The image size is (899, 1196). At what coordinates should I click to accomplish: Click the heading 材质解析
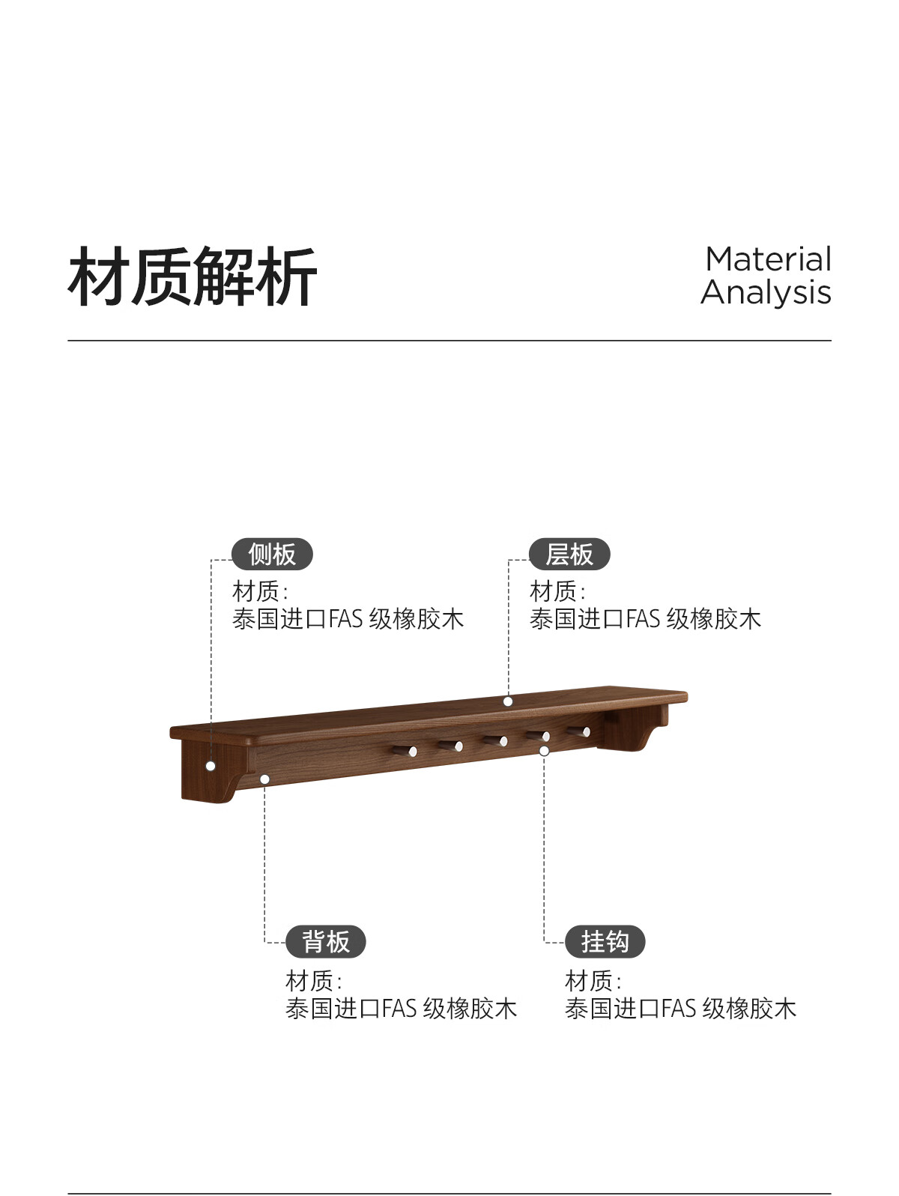click(x=193, y=277)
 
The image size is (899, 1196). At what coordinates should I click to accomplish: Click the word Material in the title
click(x=768, y=259)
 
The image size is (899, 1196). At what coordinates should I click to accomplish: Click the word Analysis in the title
click(x=766, y=293)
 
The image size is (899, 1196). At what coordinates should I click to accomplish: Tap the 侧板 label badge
click(x=272, y=555)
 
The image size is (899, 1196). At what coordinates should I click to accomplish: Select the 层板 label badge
click(x=569, y=555)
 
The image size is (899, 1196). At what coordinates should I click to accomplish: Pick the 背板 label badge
click(x=326, y=942)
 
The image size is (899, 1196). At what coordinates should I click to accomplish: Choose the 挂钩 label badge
click(x=605, y=942)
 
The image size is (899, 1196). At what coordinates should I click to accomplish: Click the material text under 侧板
click(x=348, y=619)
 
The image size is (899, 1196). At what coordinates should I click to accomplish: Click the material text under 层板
click(x=645, y=619)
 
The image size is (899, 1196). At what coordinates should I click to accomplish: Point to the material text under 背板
click(x=401, y=1009)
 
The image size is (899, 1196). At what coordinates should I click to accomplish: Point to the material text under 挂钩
click(x=680, y=1009)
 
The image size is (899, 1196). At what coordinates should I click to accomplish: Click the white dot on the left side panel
click(x=211, y=766)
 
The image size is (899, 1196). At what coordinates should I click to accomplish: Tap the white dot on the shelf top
click(x=508, y=701)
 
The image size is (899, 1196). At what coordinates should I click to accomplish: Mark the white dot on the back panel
click(x=264, y=779)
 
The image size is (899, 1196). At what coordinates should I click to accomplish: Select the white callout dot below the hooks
click(x=545, y=750)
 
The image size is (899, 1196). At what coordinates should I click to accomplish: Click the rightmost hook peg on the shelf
click(x=579, y=731)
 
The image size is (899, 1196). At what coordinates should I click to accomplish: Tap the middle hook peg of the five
click(x=495, y=741)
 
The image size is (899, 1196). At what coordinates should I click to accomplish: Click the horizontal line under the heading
click(x=449, y=341)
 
